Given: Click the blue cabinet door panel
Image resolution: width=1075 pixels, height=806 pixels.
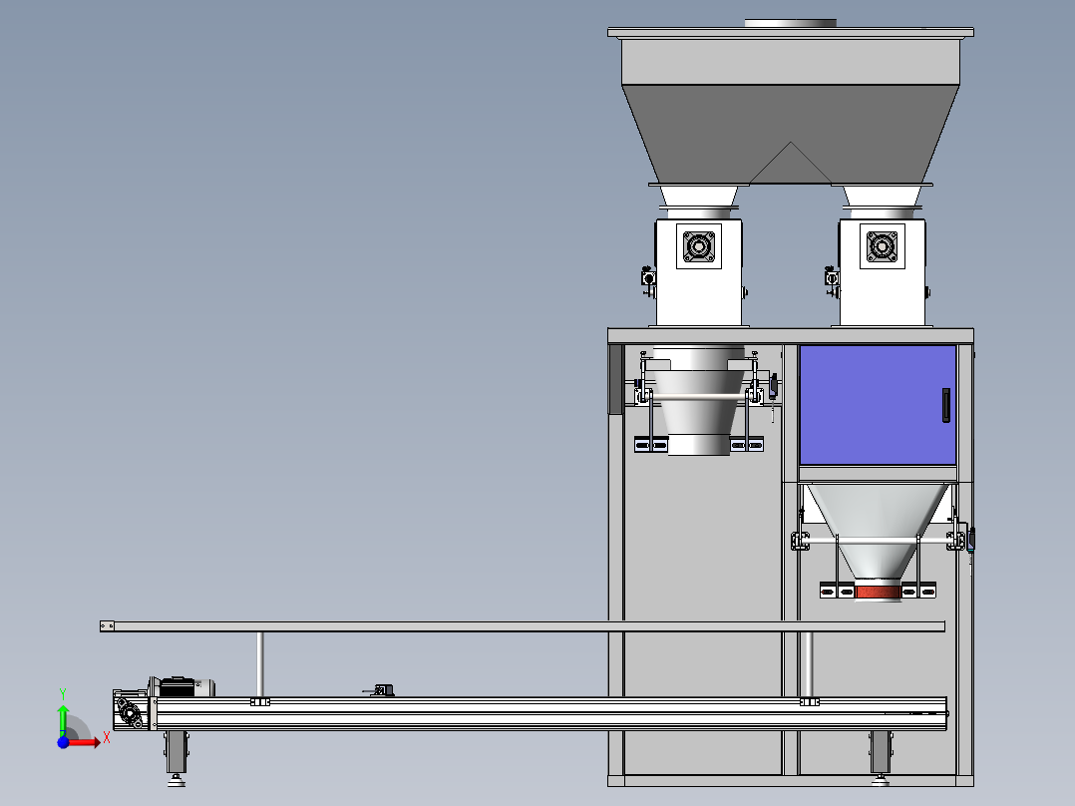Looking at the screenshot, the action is [878, 405].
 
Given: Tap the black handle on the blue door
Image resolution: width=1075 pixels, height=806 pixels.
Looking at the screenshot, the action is [946, 405].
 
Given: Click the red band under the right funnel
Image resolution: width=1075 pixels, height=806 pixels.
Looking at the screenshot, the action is [878, 592].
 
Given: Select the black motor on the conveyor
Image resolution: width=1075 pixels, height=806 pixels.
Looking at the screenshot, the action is [177, 686].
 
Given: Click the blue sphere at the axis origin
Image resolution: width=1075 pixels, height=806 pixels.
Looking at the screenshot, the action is [63, 742].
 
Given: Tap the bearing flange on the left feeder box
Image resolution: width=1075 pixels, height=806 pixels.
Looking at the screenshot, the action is [699, 245].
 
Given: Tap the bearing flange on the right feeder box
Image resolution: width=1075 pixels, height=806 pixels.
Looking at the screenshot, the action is [882, 245].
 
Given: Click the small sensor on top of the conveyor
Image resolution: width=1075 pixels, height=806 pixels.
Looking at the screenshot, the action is [381, 690].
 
